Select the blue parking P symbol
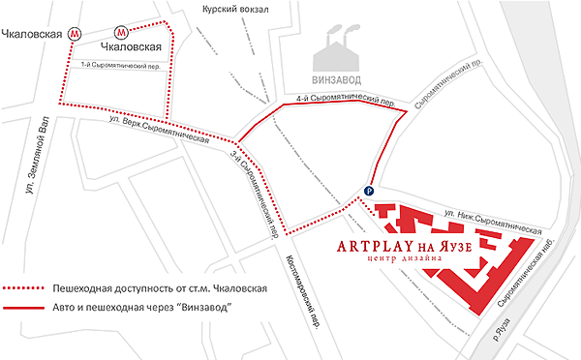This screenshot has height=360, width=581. click(x=369, y=191)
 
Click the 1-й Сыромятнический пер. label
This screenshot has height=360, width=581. click(x=120, y=66)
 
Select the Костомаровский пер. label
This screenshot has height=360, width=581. click(x=304, y=290)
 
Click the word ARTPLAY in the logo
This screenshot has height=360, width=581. click(x=377, y=246)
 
